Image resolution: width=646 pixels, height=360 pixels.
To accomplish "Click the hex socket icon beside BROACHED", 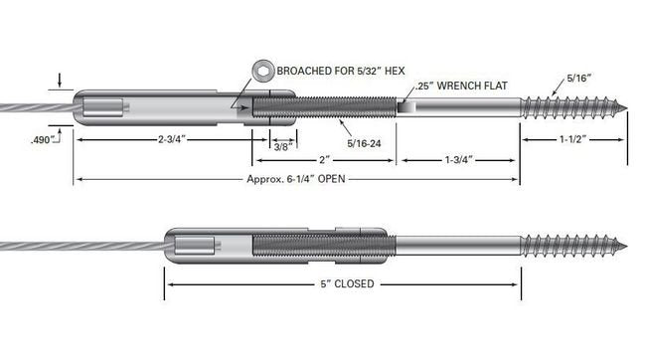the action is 262,71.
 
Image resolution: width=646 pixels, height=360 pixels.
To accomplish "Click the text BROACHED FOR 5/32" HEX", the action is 341,71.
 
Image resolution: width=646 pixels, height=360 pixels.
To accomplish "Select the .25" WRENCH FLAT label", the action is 461,86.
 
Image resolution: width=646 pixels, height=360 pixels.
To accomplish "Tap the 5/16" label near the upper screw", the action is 579,78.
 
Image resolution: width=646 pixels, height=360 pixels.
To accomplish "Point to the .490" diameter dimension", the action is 43,140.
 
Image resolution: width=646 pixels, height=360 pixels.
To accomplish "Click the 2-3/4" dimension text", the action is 172,139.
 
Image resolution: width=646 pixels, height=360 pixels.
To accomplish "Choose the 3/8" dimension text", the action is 283,147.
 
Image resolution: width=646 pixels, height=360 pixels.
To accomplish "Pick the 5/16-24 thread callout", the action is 364,143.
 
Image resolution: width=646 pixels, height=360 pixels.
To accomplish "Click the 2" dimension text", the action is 325,159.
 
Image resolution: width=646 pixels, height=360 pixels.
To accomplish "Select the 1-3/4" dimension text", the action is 458,159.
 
